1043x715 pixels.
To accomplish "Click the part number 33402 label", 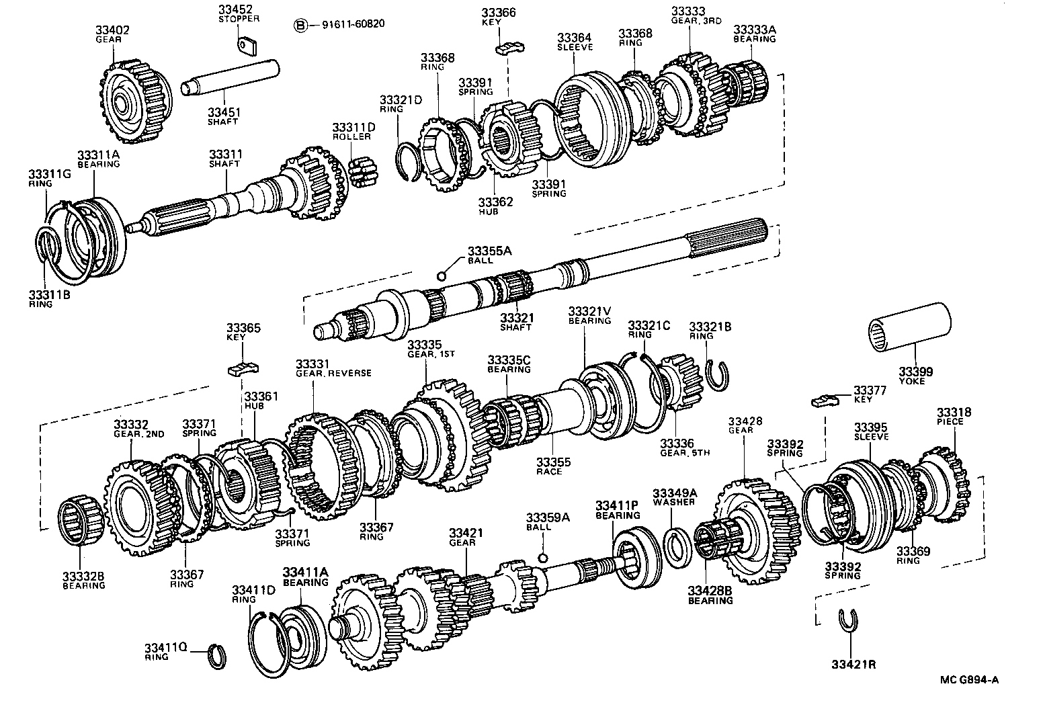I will point(112,30).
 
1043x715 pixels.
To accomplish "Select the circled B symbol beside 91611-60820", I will point(300,25).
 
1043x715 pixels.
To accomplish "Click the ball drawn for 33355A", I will point(442,276).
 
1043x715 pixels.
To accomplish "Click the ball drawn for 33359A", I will point(543,557).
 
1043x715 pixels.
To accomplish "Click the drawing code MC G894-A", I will point(969,679).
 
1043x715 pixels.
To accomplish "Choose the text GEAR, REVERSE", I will point(333,373).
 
